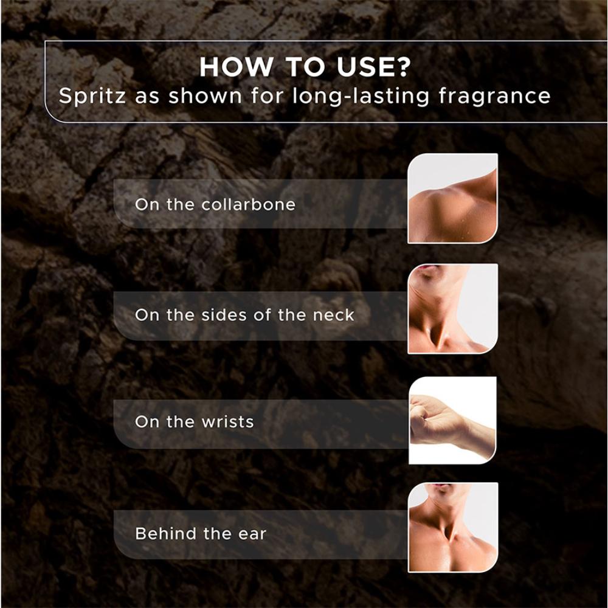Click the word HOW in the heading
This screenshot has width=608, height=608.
pos(236,67)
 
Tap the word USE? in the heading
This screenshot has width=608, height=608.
pos(373,67)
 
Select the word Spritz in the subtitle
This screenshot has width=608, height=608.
pos(92,96)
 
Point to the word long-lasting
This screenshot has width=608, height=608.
pos(361,96)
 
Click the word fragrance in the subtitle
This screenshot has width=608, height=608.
pos(494,96)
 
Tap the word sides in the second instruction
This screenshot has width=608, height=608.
pos(224,315)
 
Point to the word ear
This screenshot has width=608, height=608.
pos(252,534)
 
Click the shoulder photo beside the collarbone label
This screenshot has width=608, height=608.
pos(452,198)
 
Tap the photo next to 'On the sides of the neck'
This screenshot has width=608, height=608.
pos(452,309)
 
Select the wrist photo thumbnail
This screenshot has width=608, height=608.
pos(452,420)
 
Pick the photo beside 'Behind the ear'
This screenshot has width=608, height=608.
pos(452,527)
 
